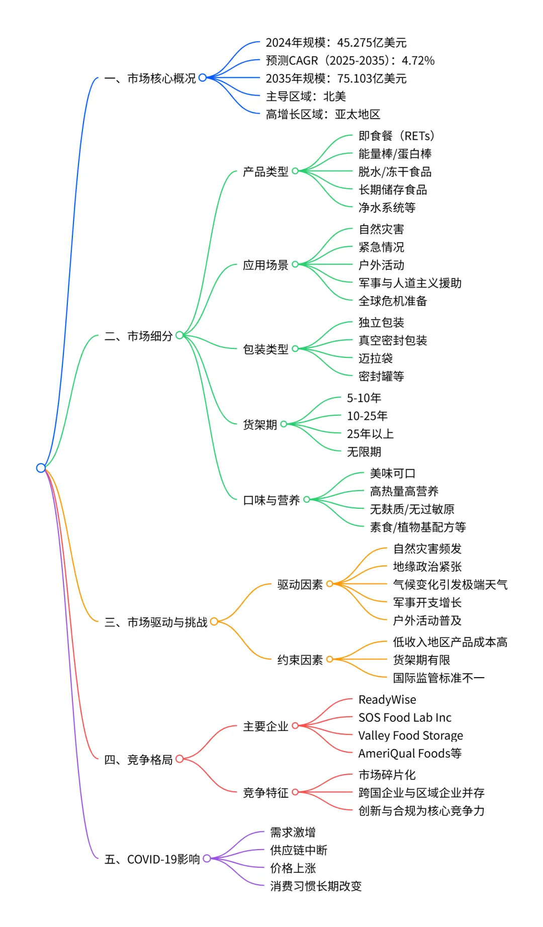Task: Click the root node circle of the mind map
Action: coord(41,468)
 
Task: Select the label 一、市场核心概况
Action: coord(150,78)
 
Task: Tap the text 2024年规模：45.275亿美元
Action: coord(336,43)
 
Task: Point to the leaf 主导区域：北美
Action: coord(306,97)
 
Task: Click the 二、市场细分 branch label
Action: coord(138,336)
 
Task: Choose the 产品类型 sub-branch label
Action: coord(265,172)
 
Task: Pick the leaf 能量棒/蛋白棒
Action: coord(395,154)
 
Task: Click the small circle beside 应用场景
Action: coord(295,264)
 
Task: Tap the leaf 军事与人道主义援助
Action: coord(410,283)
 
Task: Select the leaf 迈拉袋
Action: coord(376,358)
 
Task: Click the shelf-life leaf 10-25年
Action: coord(367,416)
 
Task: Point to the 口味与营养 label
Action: coord(271,500)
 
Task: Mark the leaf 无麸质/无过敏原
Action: coord(412,509)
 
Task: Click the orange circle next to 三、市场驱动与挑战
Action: coord(214,622)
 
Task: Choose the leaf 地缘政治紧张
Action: coord(427,567)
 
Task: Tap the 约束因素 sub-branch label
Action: coord(300,660)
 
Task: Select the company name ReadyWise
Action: coord(387,700)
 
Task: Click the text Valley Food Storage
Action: coord(410,735)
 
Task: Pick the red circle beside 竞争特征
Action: coord(295,792)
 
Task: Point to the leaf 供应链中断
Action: coord(299,850)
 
